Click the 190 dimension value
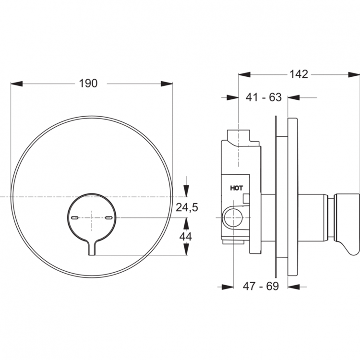[x=88, y=84]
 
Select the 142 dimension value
[x=299, y=74]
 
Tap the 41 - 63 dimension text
[x=263, y=97]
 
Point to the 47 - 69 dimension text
[x=261, y=287]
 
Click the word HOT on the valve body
[x=237, y=189]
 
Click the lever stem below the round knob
[x=92, y=248]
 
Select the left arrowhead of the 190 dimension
[x=16, y=84]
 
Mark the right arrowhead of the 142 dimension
[x=354, y=74]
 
